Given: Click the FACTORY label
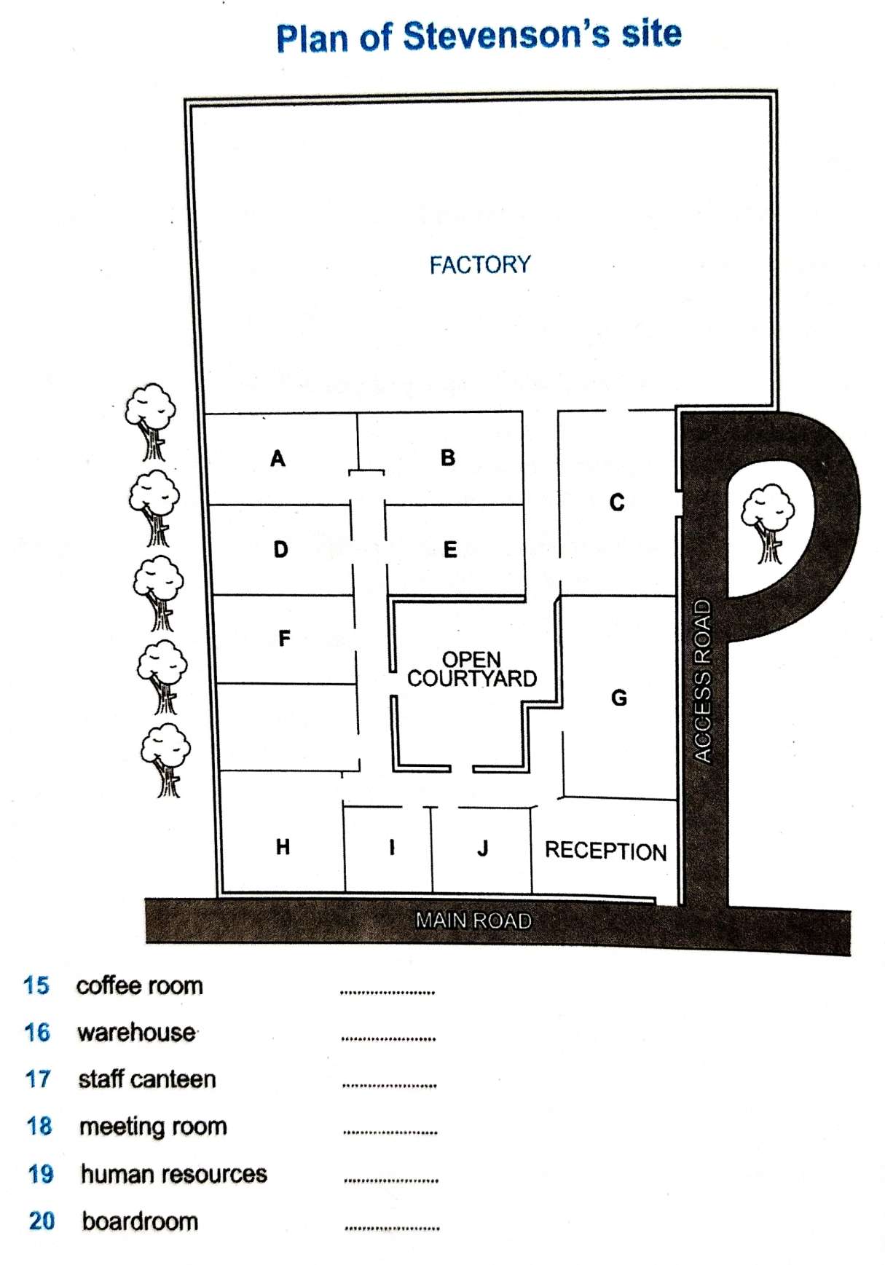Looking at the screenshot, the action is coord(480,264).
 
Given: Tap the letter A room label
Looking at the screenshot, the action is coord(278,458).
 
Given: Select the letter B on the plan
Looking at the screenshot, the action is coord(448,457).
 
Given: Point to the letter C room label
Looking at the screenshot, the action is coord(617,502).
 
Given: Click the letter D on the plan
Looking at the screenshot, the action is coord(280,549).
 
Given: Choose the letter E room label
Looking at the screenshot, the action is coord(450,549).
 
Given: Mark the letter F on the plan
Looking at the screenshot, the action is coord(284,638).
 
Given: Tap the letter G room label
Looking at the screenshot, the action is coord(618,698).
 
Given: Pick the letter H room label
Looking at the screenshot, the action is coord(283,846).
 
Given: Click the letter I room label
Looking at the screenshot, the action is coord(392,846).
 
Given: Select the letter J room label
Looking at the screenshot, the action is coord(482,848).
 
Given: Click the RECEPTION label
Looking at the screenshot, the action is coord(605,851).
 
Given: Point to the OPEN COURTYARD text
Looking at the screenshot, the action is coord(472,669).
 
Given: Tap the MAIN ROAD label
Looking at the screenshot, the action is coord(473,921).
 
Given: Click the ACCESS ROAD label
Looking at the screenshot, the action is coord(701,681).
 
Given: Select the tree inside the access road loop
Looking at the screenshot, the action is coord(768,524).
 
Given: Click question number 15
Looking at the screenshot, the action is coord(36,985).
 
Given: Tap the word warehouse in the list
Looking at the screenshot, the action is coord(137,1032).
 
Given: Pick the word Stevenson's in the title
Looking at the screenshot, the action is coord(506,36).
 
